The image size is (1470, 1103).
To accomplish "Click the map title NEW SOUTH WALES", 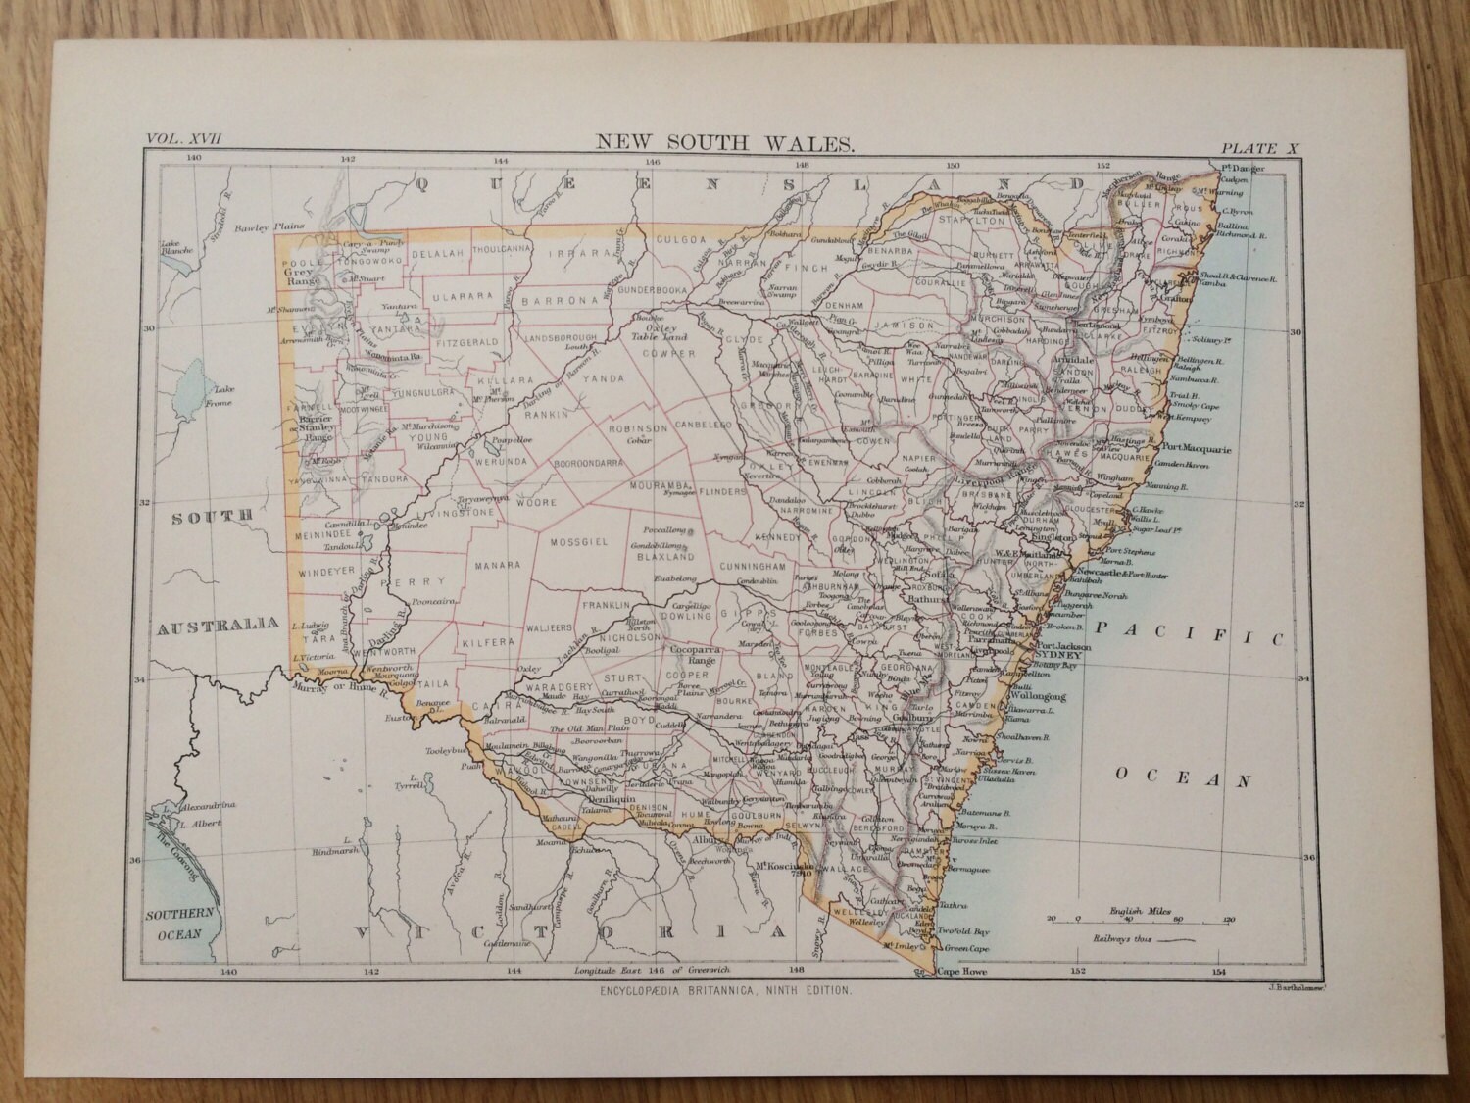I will pyautogui.click(x=725, y=143).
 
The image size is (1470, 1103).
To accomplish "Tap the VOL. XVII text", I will pyautogui.click(x=183, y=140).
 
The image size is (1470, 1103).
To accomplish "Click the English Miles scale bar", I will pyautogui.click(x=1137, y=918).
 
